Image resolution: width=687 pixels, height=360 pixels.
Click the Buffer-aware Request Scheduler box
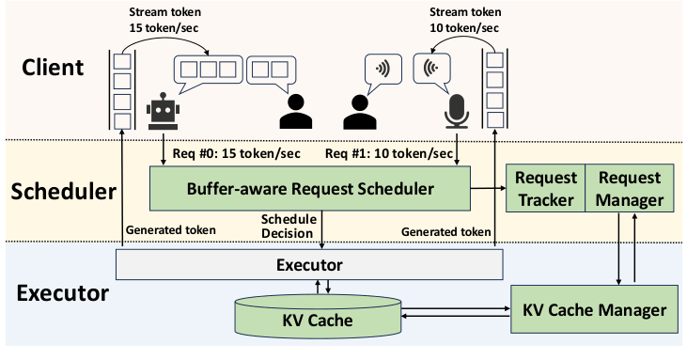point(310,189)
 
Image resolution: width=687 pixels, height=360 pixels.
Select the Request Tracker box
point(545,188)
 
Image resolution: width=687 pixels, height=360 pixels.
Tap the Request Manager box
point(629,188)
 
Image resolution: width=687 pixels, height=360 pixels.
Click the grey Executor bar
point(309,264)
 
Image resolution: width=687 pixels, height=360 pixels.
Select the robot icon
point(164,112)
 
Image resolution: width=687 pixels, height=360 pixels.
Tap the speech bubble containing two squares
point(270,71)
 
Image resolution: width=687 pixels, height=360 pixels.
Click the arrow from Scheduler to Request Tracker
point(487,189)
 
